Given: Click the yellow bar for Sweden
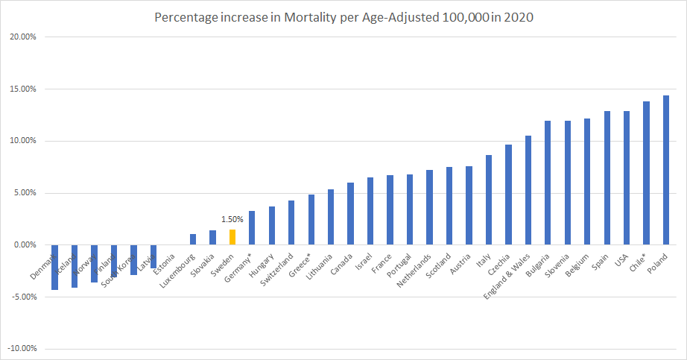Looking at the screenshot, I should [232, 237].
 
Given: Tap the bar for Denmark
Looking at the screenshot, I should [54, 267].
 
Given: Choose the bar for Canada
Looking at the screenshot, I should [350, 213].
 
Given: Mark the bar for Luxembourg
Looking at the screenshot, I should [193, 239].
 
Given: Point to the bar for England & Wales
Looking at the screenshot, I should [528, 190].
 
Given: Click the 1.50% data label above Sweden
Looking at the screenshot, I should [232, 220].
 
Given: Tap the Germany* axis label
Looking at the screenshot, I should [240, 265].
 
